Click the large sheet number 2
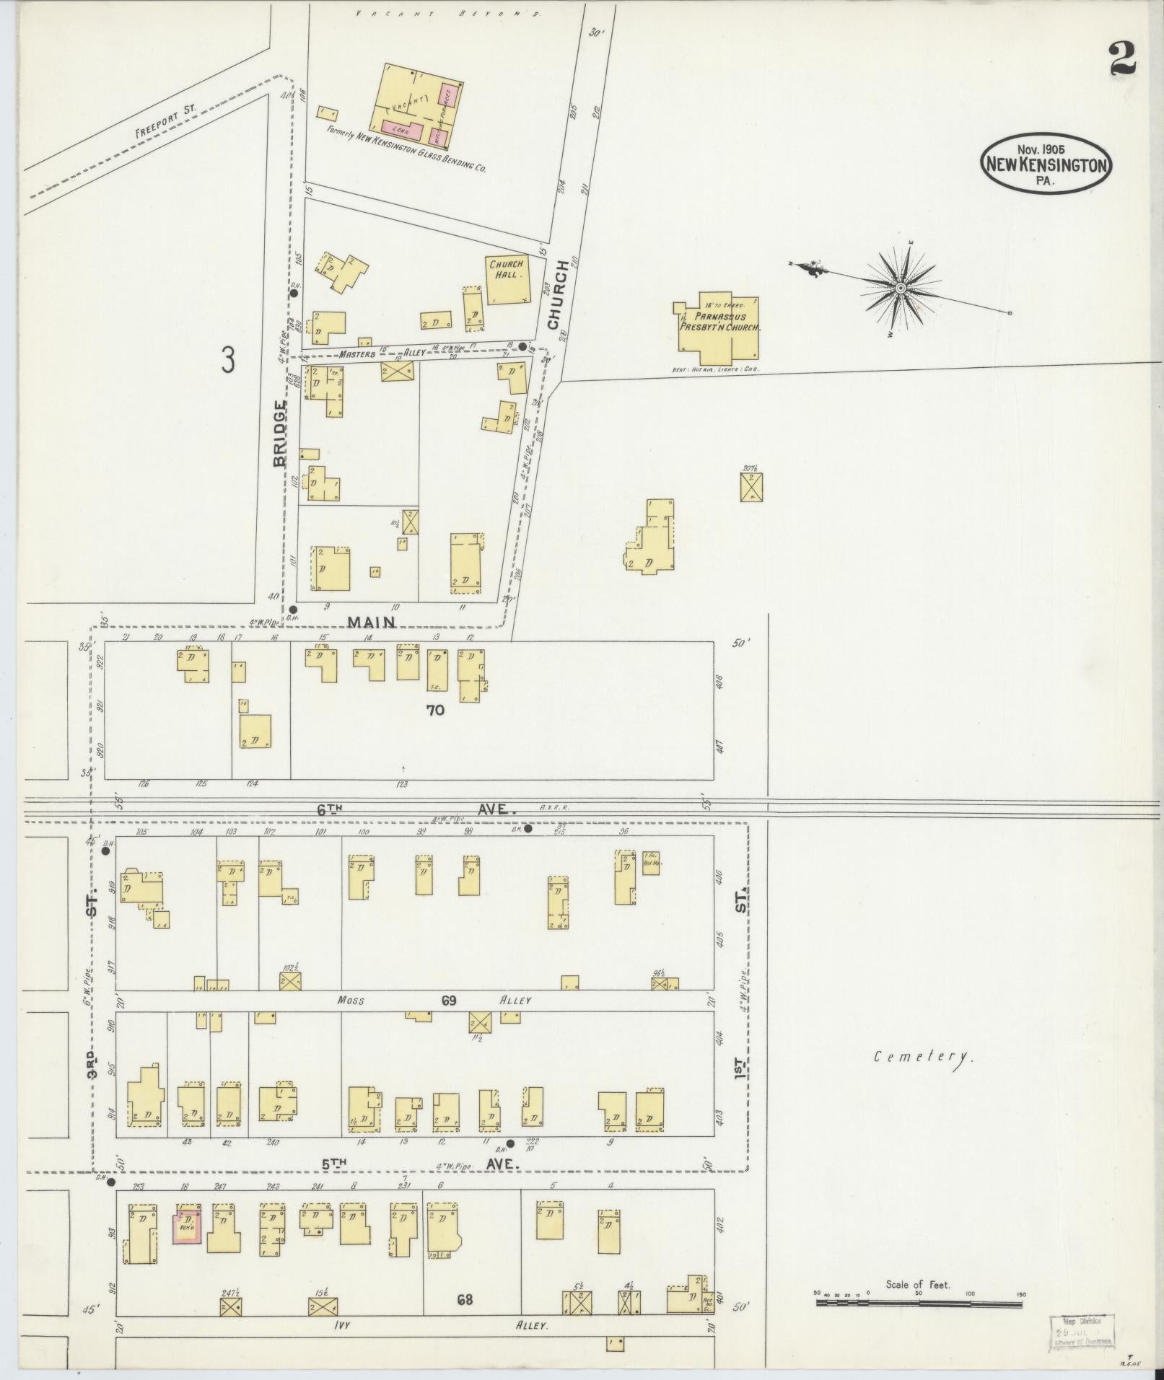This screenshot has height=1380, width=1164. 1123,58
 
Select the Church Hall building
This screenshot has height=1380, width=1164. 507,280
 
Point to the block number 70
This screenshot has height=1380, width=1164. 435,710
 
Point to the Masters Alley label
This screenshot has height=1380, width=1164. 358,354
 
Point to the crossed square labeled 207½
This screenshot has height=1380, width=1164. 751,486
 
